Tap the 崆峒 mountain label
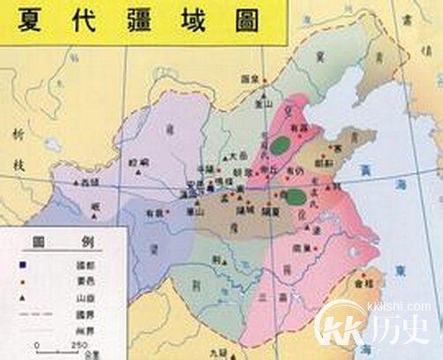(139, 164)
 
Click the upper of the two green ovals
(281, 141)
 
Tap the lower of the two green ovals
(297, 195)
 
